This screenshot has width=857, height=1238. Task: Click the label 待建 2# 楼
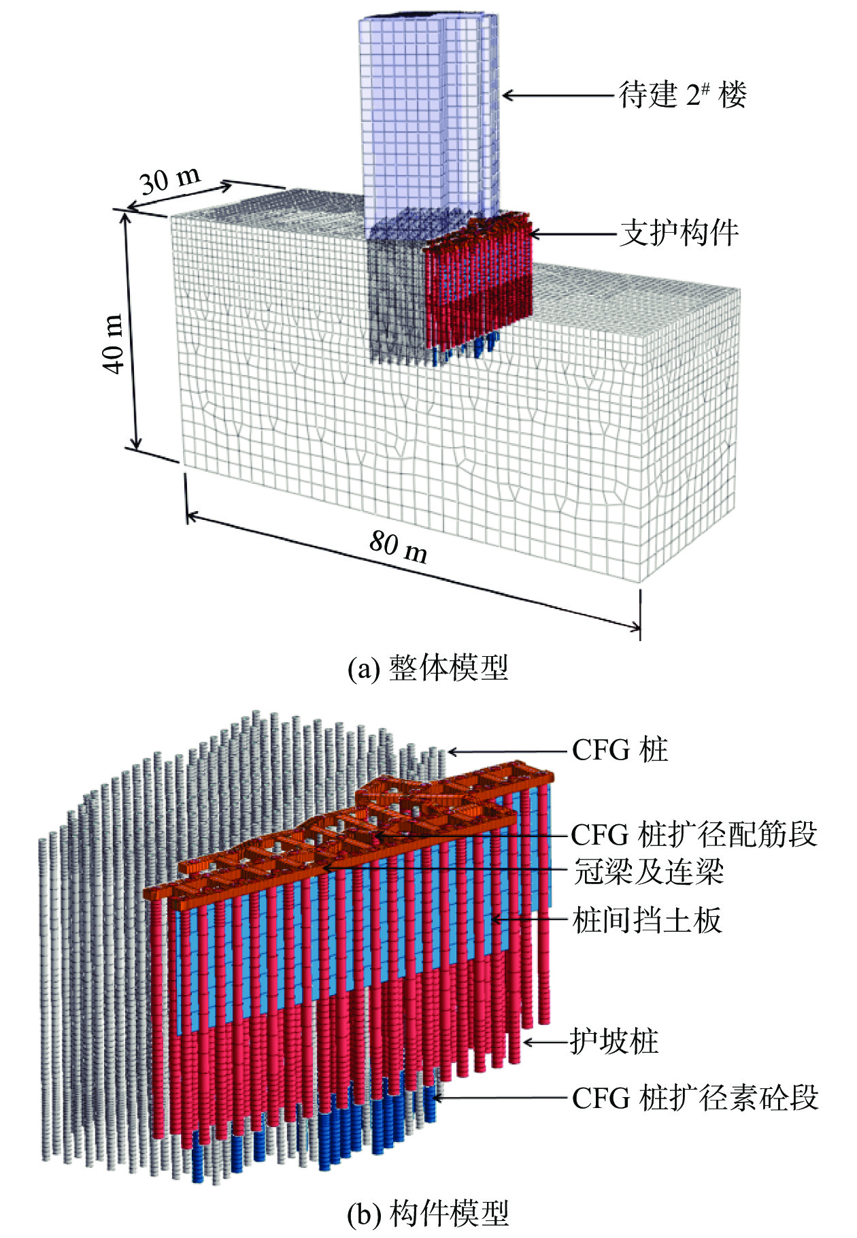[x=682, y=95]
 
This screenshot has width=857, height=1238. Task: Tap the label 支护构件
[x=679, y=233]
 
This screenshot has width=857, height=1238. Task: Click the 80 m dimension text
[x=399, y=547]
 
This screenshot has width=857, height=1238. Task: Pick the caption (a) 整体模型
[x=428, y=668]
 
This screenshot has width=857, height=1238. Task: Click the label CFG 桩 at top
[x=620, y=750]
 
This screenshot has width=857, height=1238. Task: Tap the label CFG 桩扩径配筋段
[x=693, y=834]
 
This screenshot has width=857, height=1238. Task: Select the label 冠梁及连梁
[x=648, y=871]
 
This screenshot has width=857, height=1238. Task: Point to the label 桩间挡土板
[x=647, y=920]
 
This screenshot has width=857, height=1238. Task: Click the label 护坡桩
[x=614, y=1041]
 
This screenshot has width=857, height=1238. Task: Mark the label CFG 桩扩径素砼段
[x=694, y=1098]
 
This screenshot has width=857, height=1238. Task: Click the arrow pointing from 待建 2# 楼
[x=558, y=95]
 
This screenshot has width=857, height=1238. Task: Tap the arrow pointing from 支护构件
[x=571, y=234]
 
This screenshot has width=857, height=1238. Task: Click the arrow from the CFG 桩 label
[x=507, y=752]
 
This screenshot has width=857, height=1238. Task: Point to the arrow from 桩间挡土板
[x=531, y=920]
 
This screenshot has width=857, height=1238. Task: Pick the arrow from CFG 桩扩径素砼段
[x=500, y=1098]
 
